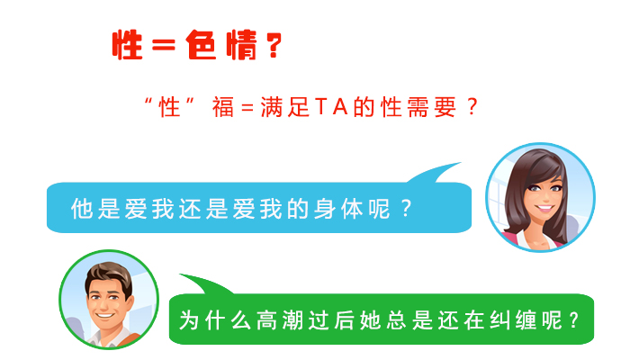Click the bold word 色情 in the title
221,45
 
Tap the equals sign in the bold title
164,45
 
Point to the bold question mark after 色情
274,45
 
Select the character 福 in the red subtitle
223,107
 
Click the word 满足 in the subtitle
285,107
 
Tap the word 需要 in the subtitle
431,107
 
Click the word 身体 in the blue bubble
338,209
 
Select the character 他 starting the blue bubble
82,209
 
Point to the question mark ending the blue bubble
407,208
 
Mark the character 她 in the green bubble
370,320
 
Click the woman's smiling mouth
544,208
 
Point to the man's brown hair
109,274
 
